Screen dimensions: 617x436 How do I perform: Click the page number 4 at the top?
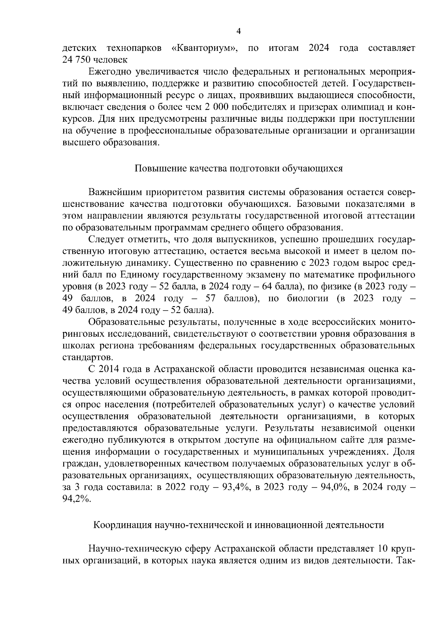[x=239, y=32]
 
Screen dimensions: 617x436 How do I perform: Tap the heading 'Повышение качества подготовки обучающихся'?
[x=239, y=169]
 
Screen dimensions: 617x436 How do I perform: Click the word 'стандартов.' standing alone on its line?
[x=82, y=357]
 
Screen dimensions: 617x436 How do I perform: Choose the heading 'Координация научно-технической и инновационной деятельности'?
[x=239, y=525]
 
